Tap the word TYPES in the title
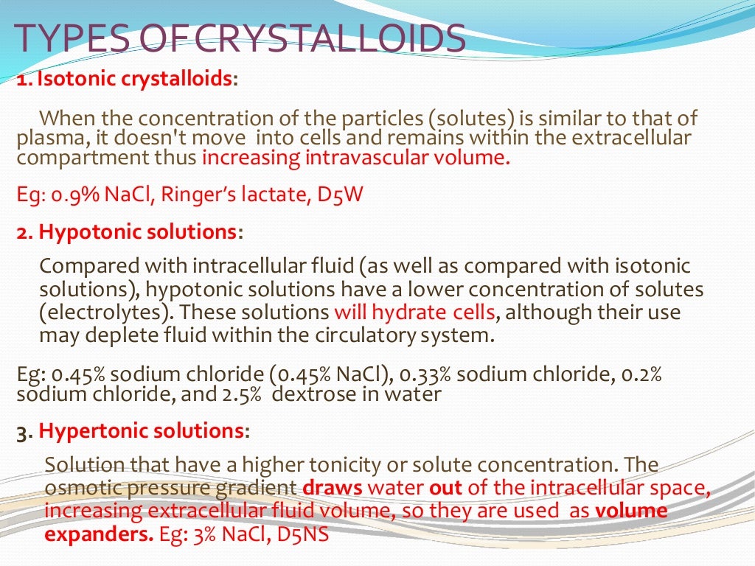click(x=71, y=39)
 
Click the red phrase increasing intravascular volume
click(x=355, y=158)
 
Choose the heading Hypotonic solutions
click(x=137, y=232)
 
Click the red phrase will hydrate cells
click(x=414, y=312)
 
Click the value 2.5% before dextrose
click(x=245, y=394)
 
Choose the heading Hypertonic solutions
click(x=141, y=431)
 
